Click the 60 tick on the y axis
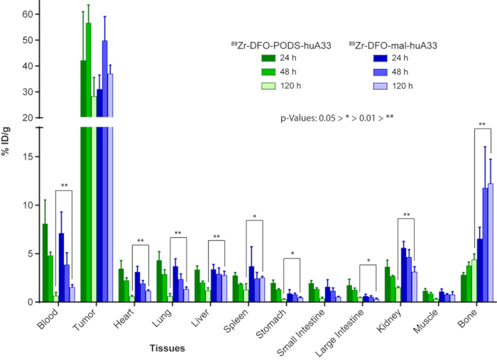[x=26, y=14]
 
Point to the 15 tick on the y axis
[x=26, y=157]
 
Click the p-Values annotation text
[x=337, y=114]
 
